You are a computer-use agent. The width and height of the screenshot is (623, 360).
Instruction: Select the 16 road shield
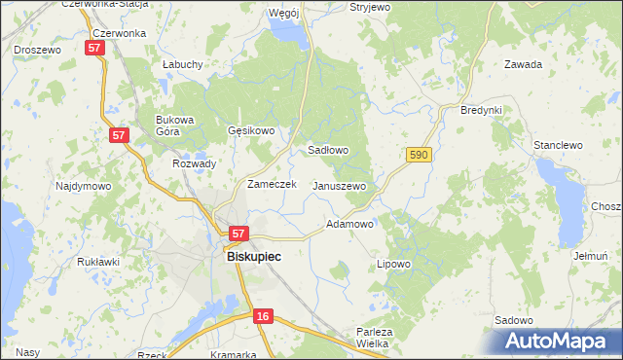(x=263, y=316)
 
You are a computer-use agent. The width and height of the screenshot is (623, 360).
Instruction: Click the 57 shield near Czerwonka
(x=94, y=48)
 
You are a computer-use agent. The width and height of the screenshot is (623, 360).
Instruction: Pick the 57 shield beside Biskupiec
(x=239, y=234)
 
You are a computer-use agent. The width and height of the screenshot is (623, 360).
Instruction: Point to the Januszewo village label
(x=338, y=186)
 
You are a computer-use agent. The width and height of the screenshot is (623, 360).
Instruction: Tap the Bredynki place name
(x=481, y=110)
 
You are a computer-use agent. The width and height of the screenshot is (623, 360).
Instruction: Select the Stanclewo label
(x=557, y=145)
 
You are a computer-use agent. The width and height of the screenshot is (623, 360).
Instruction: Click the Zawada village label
(x=523, y=64)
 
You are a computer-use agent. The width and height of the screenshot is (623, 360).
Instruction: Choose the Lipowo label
(x=393, y=264)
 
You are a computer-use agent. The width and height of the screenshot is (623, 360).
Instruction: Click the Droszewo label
(x=37, y=48)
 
